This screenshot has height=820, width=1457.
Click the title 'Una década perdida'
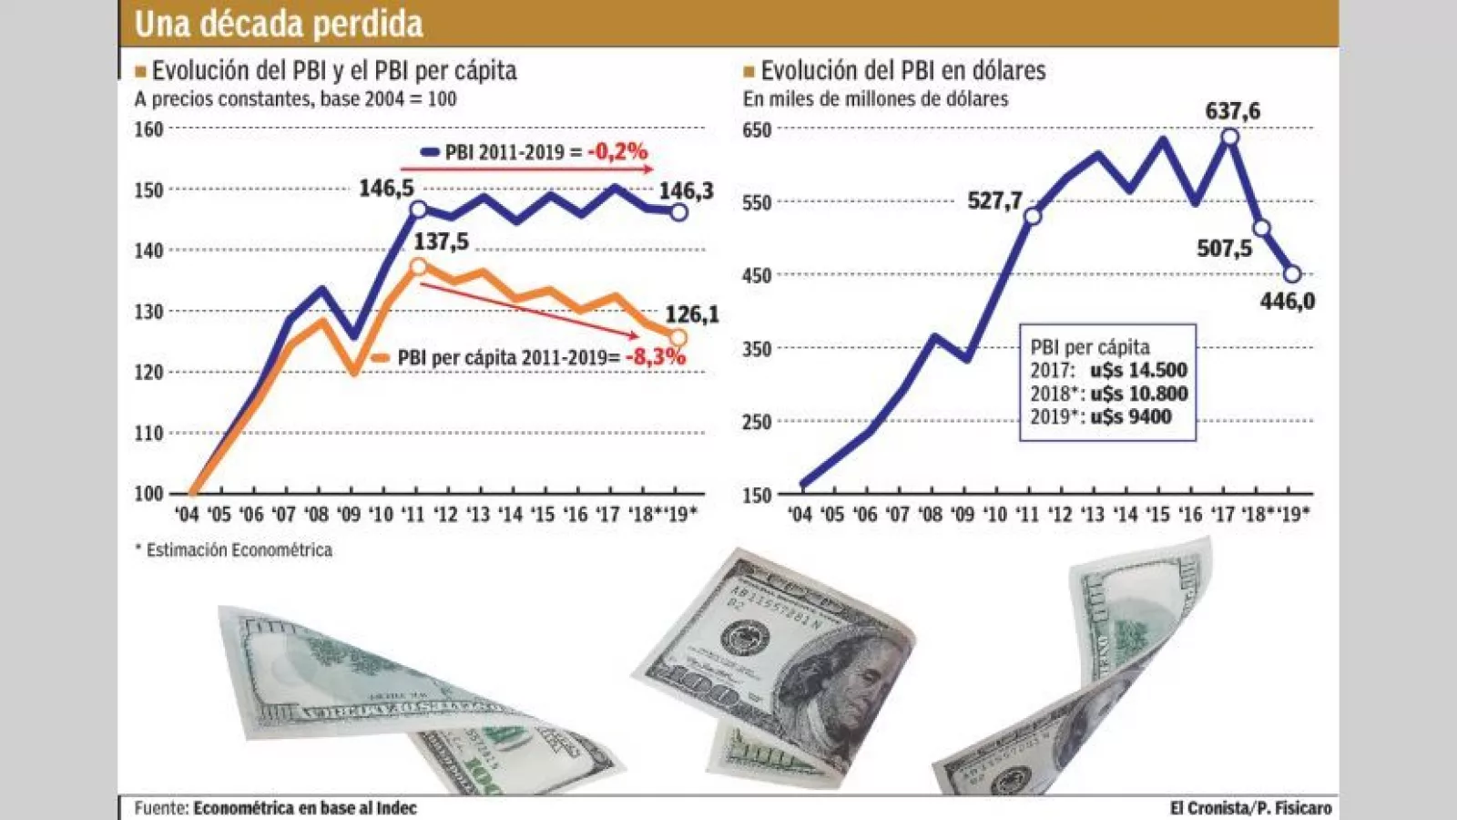279,24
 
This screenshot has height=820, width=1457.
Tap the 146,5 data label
386,189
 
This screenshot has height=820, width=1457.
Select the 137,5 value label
441,241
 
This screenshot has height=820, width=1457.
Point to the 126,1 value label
691,314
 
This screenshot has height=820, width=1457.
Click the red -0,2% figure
617,151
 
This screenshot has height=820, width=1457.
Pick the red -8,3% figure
655,356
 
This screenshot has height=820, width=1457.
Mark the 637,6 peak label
1232,111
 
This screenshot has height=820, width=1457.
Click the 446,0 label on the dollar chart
1287,301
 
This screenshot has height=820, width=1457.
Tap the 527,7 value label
994,200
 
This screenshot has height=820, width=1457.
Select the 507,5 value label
1224,248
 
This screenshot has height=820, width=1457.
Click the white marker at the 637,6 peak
1230,137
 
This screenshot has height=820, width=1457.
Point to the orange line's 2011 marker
418,267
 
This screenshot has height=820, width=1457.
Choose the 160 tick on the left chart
148,129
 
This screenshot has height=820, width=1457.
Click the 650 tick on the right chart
757,129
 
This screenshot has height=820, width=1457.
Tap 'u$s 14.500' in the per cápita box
1138,370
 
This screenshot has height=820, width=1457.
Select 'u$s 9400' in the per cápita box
1130,416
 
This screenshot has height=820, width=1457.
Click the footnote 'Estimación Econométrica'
239,550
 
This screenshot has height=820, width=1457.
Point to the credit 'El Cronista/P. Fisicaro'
1250,807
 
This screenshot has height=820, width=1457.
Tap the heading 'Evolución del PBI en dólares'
902,70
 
